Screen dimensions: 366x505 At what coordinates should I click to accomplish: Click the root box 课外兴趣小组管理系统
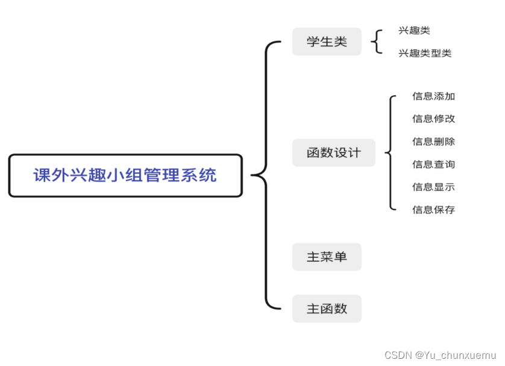point(125,176)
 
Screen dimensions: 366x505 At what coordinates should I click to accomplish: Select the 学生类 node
point(327,42)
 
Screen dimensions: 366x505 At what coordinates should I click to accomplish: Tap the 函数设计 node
point(333,153)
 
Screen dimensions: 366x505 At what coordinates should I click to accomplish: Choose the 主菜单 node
point(327,257)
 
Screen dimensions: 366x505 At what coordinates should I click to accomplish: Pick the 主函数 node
point(327,309)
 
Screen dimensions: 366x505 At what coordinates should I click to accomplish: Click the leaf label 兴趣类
point(414,31)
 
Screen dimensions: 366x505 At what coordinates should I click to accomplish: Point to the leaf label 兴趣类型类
point(424,54)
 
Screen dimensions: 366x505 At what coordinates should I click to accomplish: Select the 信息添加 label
point(433,96)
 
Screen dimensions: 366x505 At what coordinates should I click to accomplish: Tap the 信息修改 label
point(433,119)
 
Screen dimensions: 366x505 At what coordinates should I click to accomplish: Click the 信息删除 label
point(433,141)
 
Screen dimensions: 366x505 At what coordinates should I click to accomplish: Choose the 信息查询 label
point(433,164)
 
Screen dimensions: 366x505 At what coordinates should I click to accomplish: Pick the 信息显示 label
point(433,187)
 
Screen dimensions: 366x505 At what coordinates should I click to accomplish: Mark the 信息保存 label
point(433,209)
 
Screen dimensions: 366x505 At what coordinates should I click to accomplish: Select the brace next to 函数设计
point(391,153)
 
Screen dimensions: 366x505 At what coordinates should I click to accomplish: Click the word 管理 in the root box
point(162,176)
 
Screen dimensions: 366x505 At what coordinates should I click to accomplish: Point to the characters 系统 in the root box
point(199,176)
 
